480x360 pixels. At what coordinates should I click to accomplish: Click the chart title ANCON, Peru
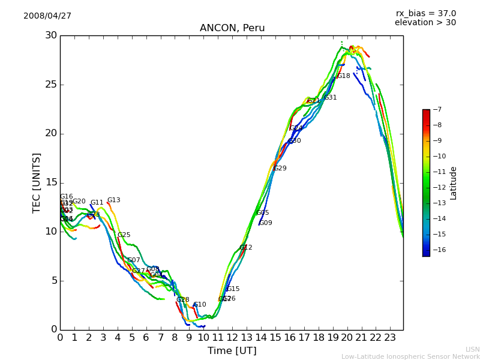(x=232, y=28)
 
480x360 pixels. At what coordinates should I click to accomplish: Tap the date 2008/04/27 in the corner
(x=47, y=16)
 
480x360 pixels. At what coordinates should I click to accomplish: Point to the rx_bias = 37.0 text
(x=426, y=13)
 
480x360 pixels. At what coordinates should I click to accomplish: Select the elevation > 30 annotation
(x=425, y=23)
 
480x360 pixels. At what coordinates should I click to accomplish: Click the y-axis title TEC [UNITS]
(x=37, y=182)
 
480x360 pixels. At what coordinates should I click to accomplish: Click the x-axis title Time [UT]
(x=232, y=350)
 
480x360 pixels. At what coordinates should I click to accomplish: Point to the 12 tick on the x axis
(x=232, y=337)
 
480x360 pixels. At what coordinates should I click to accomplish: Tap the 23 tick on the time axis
(x=390, y=337)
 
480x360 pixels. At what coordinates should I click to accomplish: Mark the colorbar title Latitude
(x=454, y=183)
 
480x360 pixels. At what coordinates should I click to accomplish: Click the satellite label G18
(x=344, y=76)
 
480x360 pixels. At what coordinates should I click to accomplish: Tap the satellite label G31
(x=331, y=98)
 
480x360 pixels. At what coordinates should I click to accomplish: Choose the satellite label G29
(x=280, y=169)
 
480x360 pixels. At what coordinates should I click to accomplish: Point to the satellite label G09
(x=266, y=223)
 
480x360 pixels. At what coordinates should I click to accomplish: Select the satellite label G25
(x=124, y=235)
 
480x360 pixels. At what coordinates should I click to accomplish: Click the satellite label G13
(x=114, y=200)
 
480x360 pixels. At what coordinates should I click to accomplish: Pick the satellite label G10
(x=200, y=305)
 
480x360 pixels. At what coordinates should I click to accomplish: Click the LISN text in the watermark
(x=473, y=349)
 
